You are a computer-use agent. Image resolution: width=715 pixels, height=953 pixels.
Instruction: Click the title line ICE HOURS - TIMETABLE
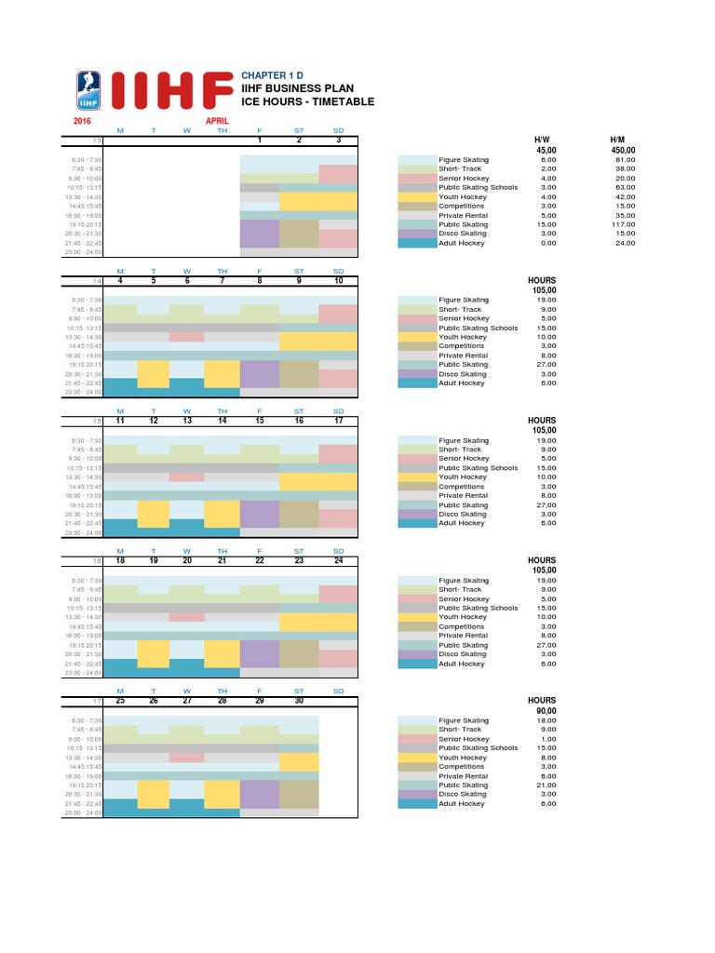(x=307, y=101)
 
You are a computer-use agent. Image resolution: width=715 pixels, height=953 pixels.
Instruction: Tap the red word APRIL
(x=217, y=121)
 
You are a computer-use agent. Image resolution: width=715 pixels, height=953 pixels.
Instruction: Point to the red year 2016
(x=83, y=121)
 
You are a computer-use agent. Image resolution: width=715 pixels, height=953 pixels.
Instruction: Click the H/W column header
(x=545, y=140)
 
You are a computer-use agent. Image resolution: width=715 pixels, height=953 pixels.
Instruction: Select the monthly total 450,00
(x=623, y=150)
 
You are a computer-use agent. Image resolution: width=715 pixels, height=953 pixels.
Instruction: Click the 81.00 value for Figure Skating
(x=625, y=160)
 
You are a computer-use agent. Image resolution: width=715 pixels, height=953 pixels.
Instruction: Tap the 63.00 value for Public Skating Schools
(x=625, y=188)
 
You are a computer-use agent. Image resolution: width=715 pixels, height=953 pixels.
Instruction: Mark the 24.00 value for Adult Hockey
(x=625, y=243)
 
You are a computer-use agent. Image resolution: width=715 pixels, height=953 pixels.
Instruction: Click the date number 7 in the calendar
(x=222, y=280)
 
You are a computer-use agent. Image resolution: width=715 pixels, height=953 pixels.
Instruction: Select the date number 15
(x=260, y=421)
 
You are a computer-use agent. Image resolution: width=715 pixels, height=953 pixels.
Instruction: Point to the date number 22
(x=260, y=560)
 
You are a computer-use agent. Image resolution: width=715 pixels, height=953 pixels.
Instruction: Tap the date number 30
(x=299, y=700)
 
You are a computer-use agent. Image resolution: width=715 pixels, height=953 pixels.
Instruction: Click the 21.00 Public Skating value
(x=546, y=785)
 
